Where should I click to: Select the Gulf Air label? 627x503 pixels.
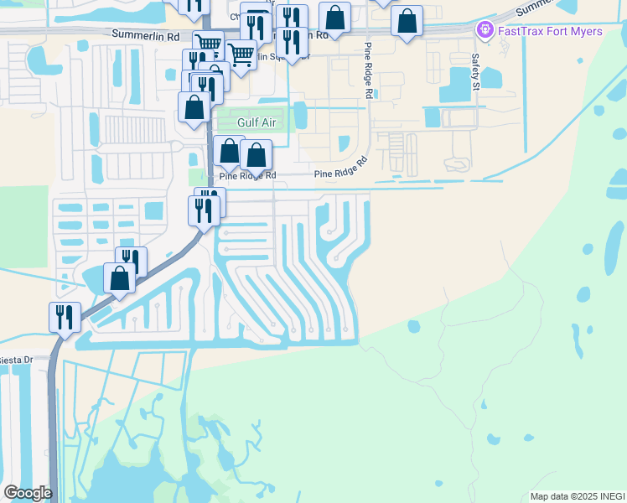[x=256, y=122]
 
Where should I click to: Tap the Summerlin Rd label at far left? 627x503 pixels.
[x=146, y=36]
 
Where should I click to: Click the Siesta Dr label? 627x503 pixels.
[x=16, y=360]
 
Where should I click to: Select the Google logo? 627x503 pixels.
[x=27, y=493]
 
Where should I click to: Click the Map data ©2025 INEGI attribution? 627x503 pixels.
[x=578, y=496]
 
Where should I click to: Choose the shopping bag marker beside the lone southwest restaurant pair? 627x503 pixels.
[x=119, y=277]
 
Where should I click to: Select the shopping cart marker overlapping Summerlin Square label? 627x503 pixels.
[x=241, y=54]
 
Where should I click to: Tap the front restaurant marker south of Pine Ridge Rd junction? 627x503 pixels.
[x=204, y=210]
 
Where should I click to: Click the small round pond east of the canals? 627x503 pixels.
[x=413, y=326]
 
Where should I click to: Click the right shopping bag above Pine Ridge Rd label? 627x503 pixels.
[x=256, y=155]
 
